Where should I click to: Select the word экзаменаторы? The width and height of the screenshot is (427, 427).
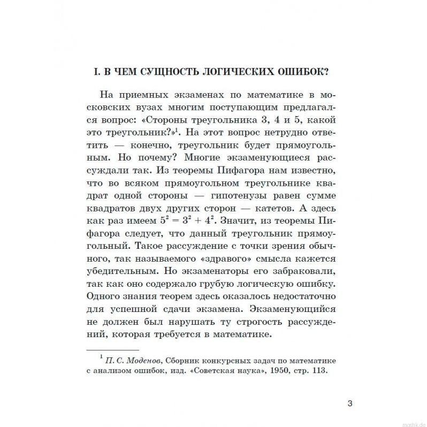coord(207,269)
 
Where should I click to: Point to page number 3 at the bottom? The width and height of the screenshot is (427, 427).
coord(350,403)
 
